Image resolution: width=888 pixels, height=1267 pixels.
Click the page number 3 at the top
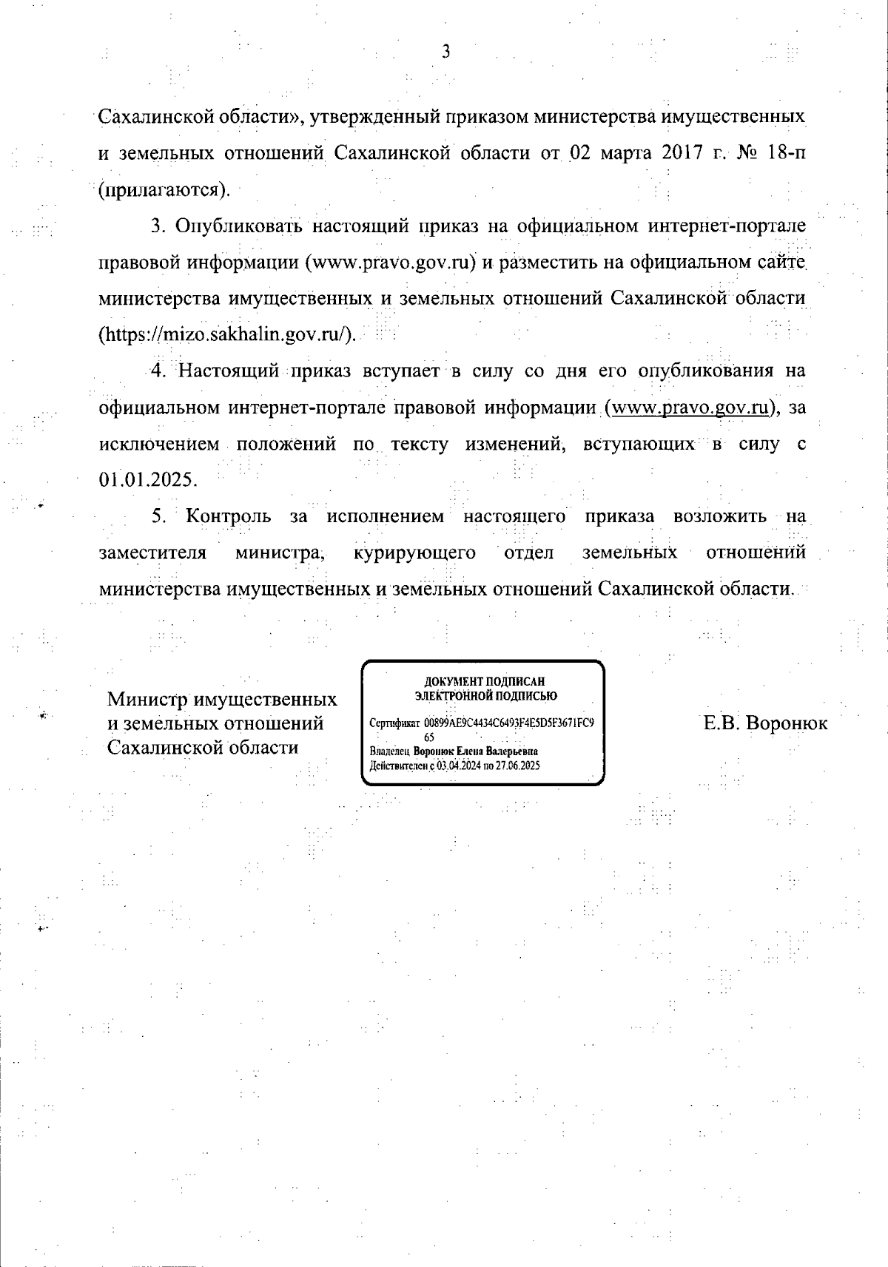[x=445, y=51]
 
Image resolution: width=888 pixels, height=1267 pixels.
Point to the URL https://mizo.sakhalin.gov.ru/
[x=227, y=334]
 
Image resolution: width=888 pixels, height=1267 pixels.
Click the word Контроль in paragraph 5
[x=228, y=516]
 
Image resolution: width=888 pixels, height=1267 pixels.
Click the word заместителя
[x=152, y=552]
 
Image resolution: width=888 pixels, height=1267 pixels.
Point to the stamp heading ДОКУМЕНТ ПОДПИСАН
[x=485, y=682]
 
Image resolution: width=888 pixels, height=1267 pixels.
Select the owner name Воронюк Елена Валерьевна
[x=476, y=751]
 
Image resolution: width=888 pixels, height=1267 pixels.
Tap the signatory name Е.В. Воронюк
[x=766, y=723]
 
